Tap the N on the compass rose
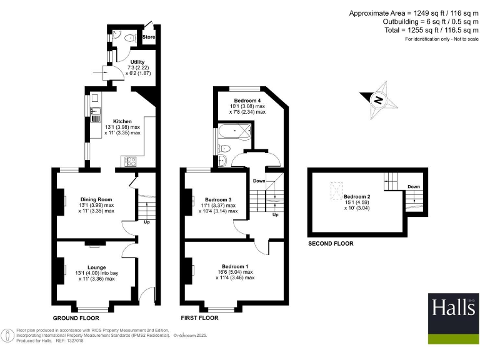377,99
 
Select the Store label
149,37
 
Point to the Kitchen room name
122,121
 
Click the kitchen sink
96,114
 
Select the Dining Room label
96,199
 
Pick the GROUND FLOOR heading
76,318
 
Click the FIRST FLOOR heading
199,318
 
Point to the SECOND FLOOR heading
331,244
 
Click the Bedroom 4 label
247,100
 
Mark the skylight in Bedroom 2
336,186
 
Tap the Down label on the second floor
413,186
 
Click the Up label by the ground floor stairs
147,221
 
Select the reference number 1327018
75,341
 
